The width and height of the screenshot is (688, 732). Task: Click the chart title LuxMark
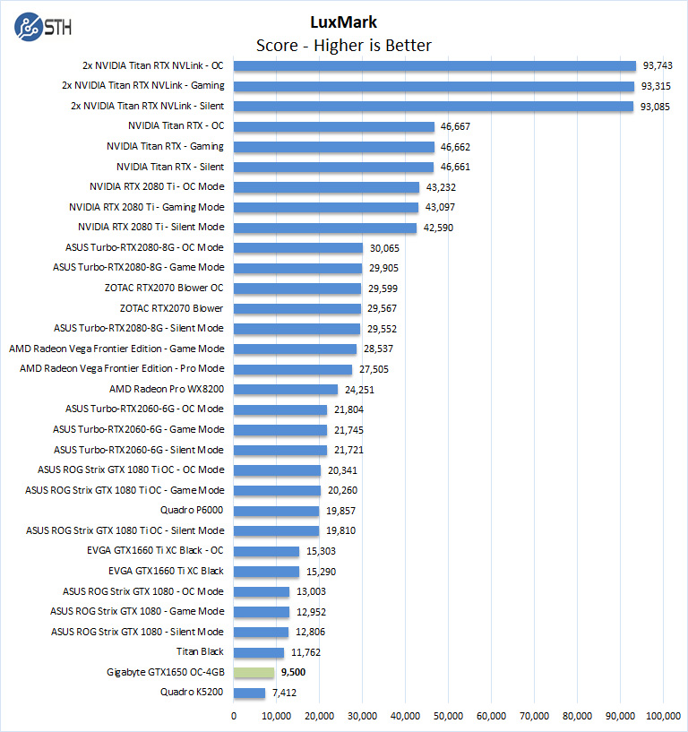pos(343,23)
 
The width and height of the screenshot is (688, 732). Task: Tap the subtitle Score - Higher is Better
pos(343,46)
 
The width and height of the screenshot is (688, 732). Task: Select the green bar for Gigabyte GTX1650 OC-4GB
pos(254,672)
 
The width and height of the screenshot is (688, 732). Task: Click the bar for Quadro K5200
pos(250,693)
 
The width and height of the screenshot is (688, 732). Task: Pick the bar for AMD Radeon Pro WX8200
pos(286,390)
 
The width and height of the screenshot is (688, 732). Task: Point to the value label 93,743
pos(658,65)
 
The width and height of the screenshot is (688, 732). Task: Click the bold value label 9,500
pos(295,672)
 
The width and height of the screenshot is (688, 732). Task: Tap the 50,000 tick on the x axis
pos(448,715)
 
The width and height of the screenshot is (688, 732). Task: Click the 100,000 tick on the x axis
pos(663,715)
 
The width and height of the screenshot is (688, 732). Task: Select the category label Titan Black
pos(201,652)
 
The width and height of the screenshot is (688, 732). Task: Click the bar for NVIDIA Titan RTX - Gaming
pos(334,147)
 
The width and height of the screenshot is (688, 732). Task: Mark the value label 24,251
pos(359,390)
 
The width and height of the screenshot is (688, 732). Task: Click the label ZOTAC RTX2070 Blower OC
pos(164,288)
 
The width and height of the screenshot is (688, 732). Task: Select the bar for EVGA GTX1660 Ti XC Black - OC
pos(267,551)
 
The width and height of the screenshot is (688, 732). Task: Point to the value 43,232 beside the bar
pos(442,187)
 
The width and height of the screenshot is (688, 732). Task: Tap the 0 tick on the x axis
pos(234,715)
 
